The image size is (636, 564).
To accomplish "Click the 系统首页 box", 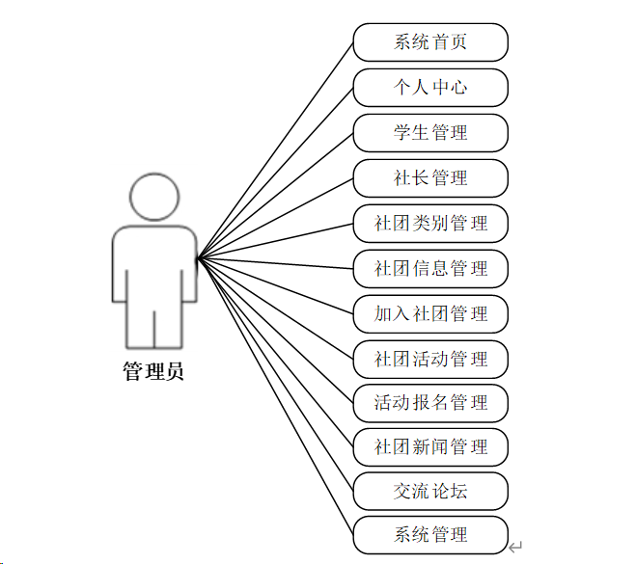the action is coord(430,42).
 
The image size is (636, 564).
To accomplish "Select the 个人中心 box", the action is coord(430,88).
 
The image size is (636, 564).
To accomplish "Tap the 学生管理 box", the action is coord(430,133).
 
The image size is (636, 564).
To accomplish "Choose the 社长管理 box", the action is coord(430,178).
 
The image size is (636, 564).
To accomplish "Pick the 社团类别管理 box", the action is coord(430,224).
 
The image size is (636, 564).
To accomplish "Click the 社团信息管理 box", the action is coord(430,269).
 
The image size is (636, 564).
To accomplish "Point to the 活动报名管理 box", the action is coord(430,402).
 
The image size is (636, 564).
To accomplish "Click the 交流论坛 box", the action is coord(430,492).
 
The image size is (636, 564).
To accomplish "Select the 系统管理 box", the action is coord(430,535).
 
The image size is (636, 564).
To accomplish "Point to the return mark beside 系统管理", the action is coord(516,547).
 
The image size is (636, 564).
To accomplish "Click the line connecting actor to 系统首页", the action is coord(275,150).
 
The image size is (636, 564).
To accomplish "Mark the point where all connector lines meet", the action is coord(198,258).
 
